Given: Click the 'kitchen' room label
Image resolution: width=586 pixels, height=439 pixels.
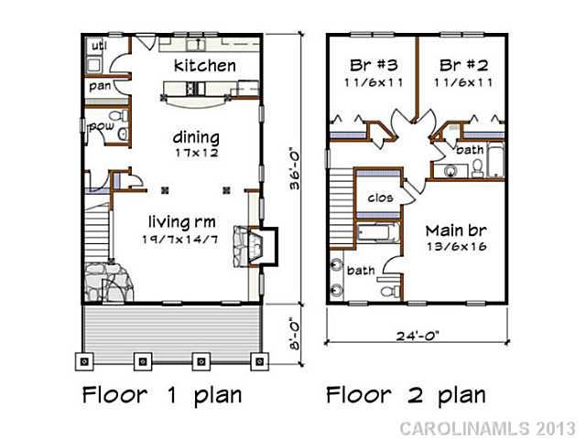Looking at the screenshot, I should pos(205,66).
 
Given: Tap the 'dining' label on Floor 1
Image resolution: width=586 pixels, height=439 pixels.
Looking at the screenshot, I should pos(197,137).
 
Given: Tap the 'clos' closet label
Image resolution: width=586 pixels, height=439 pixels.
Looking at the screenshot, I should pos(380,198).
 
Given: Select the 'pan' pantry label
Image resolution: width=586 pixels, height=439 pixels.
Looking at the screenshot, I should pos(100,87).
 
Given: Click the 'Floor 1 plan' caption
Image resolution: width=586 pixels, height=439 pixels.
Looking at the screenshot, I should pos(162,395).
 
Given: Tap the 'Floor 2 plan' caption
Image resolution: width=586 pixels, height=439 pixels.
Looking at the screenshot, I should pos(406,395).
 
